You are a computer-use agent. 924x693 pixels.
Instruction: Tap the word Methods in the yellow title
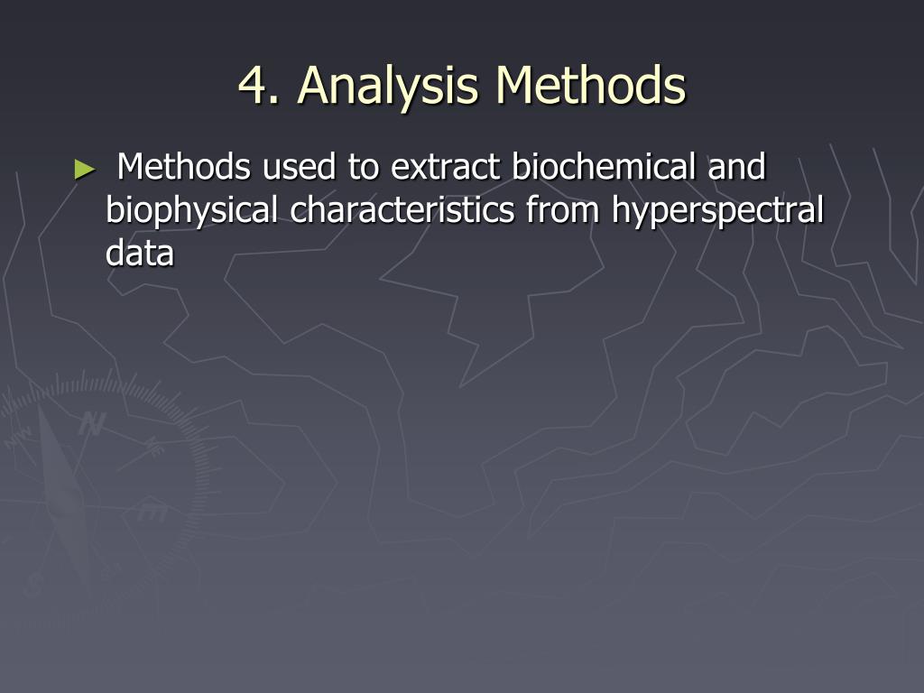click(590, 85)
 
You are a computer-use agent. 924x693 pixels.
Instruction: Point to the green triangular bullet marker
click(85, 170)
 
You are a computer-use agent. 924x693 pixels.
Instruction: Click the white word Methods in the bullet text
click(183, 166)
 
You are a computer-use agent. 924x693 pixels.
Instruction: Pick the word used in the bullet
click(300, 167)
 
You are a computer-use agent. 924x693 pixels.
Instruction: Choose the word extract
click(446, 167)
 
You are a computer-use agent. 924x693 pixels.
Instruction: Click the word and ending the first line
click(736, 166)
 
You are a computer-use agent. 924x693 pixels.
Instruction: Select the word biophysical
click(191, 210)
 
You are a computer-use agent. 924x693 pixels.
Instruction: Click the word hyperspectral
click(717, 210)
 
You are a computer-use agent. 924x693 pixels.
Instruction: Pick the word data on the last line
click(140, 253)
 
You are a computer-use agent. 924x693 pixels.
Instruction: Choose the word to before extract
click(363, 168)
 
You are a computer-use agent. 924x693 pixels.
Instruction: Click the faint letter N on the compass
click(93, 423)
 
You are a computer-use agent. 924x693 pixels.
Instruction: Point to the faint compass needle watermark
click(65, 489)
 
